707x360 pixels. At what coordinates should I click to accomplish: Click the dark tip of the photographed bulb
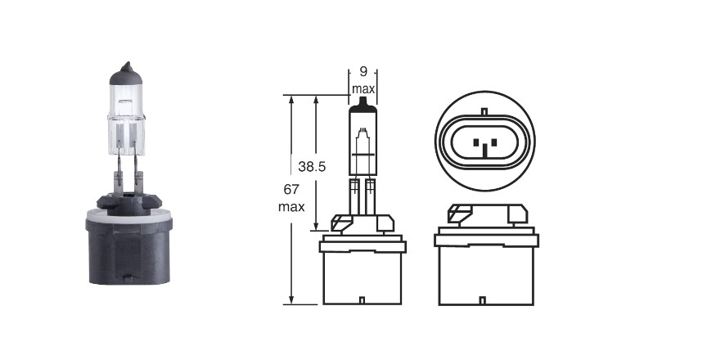(x=126, y=74)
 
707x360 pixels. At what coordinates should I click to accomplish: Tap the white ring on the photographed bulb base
(x=129, y=217)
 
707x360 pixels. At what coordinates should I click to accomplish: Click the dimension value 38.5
(x=312, y=167)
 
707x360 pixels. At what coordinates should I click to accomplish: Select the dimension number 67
(x=290, y=189)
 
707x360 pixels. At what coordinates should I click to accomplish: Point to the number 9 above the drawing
(x=363, y=71)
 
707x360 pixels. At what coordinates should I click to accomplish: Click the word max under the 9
(x=363, y=88)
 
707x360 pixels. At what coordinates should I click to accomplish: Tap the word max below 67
(x=291, y=207)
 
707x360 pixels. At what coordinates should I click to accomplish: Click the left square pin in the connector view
(x=476, y=142)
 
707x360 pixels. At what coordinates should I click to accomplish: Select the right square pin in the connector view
(x=493, y=142)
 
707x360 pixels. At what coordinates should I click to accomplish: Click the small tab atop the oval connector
(x=484, y=111)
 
